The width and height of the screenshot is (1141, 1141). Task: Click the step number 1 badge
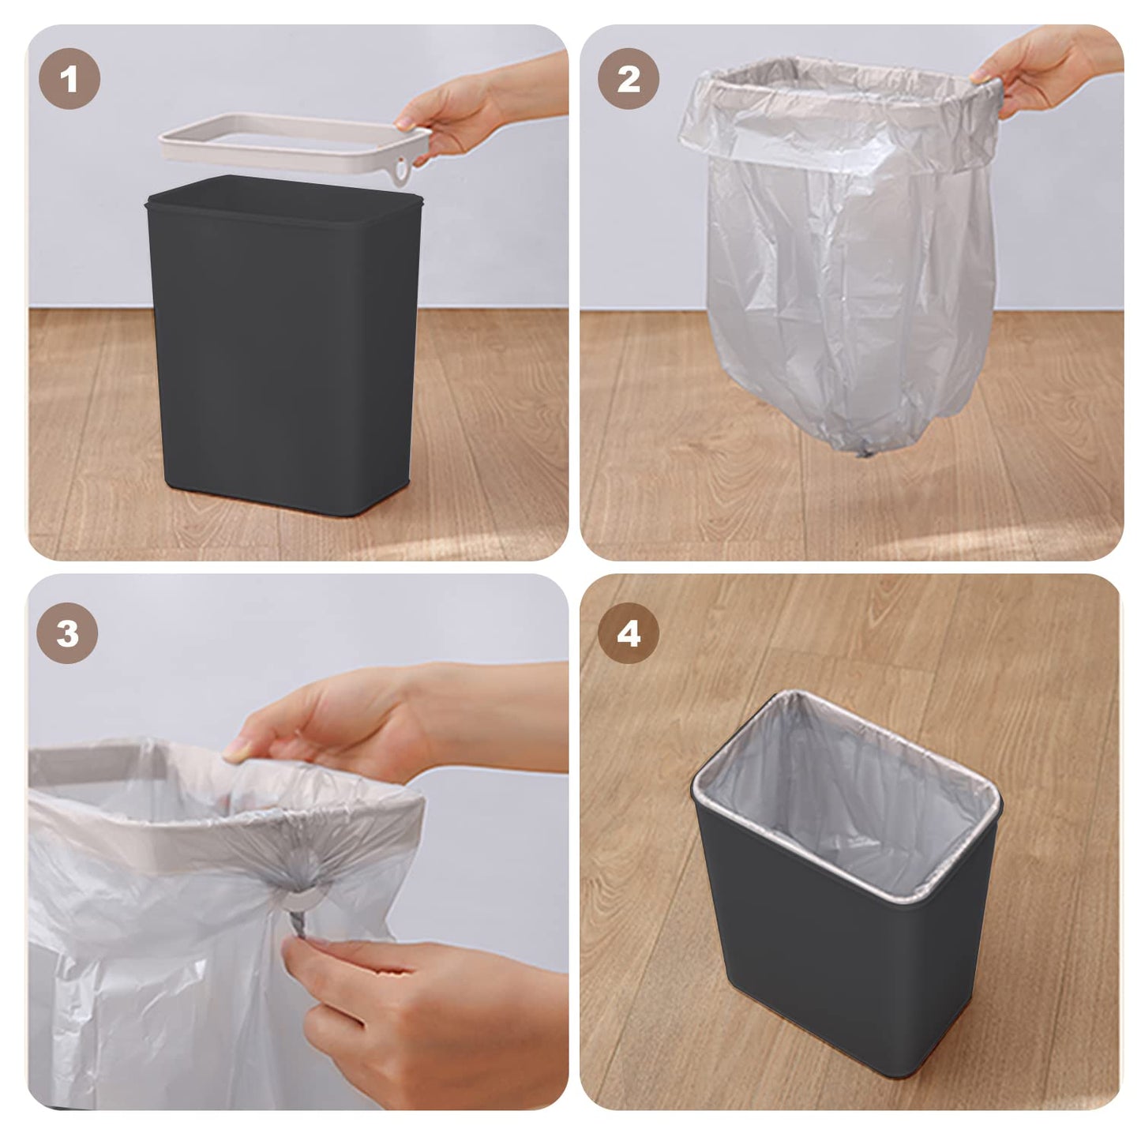[69, 79]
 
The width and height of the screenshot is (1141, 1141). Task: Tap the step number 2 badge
[629, 79]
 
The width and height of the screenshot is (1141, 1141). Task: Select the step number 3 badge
[68, 633]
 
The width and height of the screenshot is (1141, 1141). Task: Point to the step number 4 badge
[629, 633]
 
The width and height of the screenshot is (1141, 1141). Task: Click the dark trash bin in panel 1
[284, 355]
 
